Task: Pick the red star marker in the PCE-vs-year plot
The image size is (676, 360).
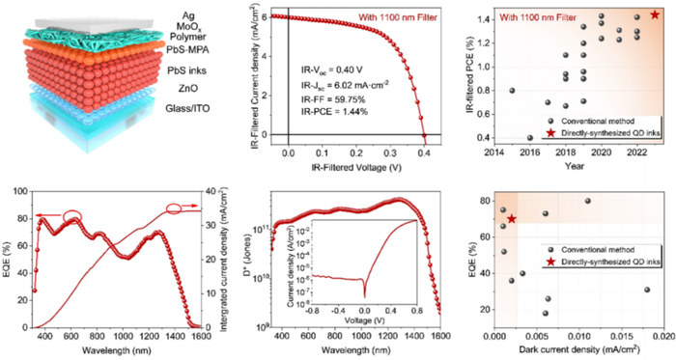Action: click(656, 14)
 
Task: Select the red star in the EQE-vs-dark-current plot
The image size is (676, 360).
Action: click(512, 219)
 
